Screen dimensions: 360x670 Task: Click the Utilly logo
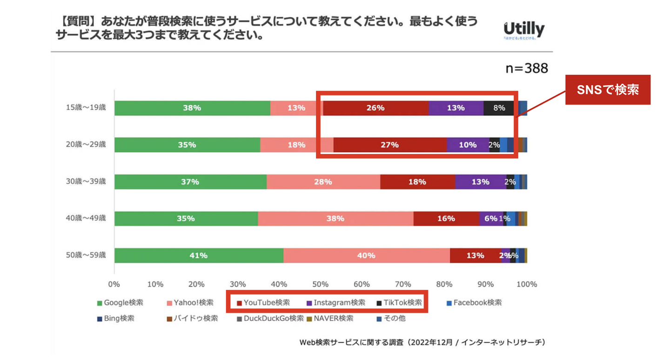coord(524,30)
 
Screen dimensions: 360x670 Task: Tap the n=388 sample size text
coord(527,68)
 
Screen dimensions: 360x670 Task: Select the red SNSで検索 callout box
coord(608,90)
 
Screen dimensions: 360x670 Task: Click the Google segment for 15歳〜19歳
coord(192,108)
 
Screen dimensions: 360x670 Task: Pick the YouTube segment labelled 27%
coord(390,145)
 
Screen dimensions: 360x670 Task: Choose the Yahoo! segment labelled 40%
coord(366,255)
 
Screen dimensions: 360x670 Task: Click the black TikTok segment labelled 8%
coord(499,108)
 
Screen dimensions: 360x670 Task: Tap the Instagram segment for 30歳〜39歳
coord(480,181)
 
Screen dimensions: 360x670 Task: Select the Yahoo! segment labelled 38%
coord(335,219)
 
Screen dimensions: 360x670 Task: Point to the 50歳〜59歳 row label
coord(86,255)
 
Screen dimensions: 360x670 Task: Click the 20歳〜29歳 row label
coord(86,145)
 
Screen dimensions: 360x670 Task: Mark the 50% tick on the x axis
coord(321,284)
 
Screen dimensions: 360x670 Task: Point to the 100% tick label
coord(527,284)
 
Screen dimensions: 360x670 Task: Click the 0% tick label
coord(114,284)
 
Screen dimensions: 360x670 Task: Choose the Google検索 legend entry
coord(120,303)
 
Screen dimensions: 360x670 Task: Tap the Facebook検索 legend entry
coord(474,303)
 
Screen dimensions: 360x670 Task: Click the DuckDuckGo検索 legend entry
coord(270,319)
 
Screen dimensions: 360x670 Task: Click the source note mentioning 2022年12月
coord(422,342)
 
